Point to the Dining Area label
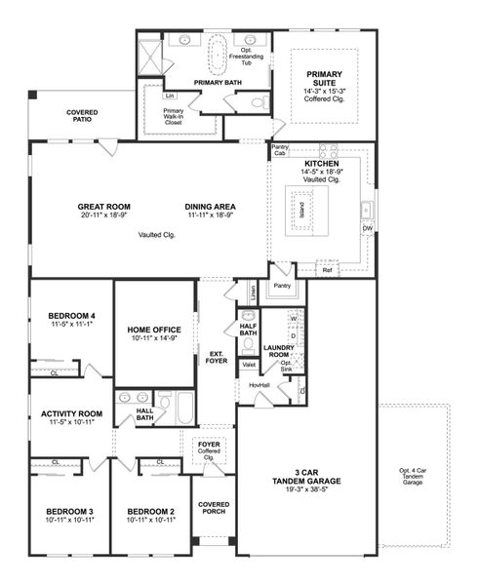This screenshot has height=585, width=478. [210, 207]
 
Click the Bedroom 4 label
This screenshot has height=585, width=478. [71, 316]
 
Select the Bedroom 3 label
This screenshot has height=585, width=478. [68, 512]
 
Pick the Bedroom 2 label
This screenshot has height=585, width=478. [151, 512]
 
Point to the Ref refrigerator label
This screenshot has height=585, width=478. [328, 269]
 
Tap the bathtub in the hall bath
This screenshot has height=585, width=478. [184, 407]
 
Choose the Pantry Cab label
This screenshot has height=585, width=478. [280, 150]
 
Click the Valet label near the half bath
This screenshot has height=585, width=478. [249, 365]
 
